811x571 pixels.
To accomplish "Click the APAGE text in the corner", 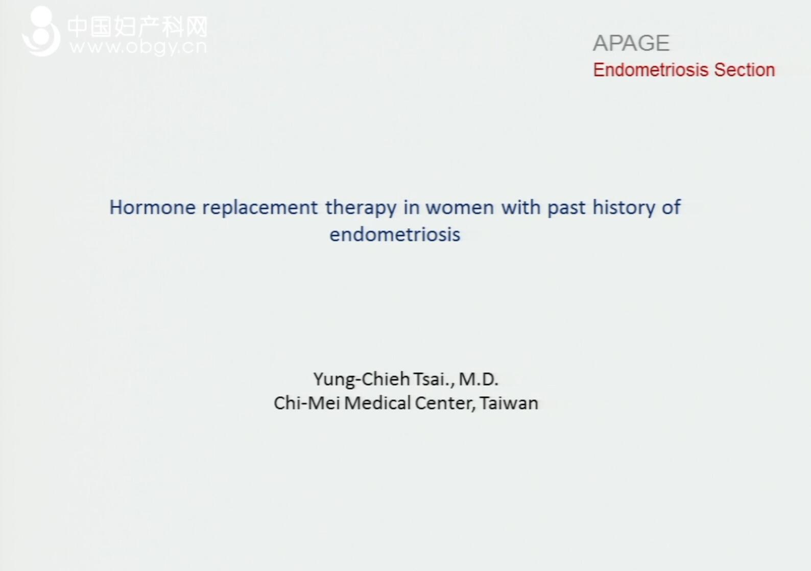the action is point(631,43).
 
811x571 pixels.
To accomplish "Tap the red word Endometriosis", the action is point(650,69).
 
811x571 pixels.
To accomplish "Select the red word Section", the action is point(745,69).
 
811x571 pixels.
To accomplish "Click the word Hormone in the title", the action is point(152,207).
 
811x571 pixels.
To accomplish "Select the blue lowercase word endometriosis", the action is point(395,234).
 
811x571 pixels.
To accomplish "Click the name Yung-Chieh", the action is point(362,379).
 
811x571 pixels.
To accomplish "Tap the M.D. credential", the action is point(479,379).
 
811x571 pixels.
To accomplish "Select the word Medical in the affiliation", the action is point(377,403).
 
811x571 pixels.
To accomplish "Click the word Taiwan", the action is point(509,403).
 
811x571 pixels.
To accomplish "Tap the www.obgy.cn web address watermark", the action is point(138,47).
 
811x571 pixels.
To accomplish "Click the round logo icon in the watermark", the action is point(41,31).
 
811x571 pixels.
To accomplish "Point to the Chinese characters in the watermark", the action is point(137,27).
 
